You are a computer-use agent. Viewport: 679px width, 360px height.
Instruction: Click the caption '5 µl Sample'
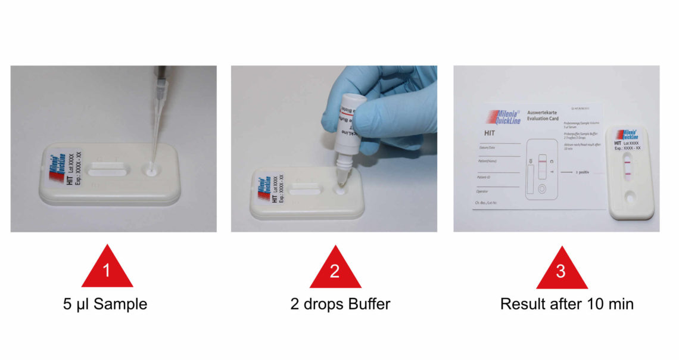coord(105,304)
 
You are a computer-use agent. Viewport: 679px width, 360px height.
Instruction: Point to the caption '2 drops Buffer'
coord(340,304)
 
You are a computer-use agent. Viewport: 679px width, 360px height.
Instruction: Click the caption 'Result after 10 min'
coord(566,304)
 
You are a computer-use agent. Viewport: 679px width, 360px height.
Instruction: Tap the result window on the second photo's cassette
coord(306,191)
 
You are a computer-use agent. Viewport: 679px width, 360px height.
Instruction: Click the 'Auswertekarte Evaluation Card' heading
coord(544,116)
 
